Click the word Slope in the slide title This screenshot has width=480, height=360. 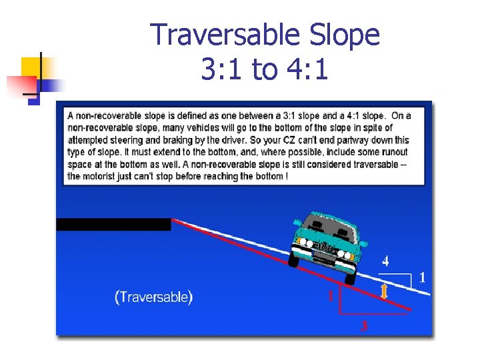(x=347, y=35)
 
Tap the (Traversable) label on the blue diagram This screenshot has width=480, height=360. (x=154, y=297)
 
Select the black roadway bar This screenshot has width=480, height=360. (x=113, y=225)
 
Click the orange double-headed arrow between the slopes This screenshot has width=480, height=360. (x=384, y=291)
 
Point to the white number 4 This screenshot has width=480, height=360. (x=385, y=261)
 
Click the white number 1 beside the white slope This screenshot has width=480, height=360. (x=421, y=277)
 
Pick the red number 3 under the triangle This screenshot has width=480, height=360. (x=363, y=326)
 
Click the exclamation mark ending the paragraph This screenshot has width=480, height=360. (x=286, y=176)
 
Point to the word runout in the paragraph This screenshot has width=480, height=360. (x=393, y=151)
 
